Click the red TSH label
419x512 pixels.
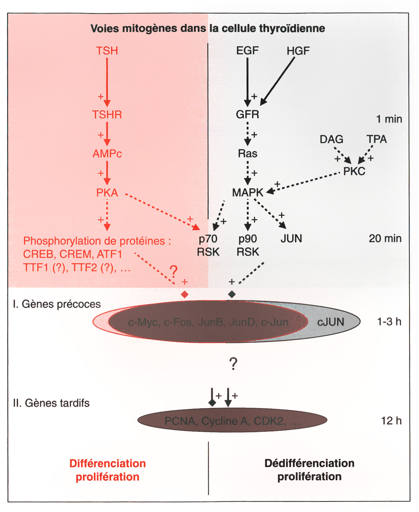107,51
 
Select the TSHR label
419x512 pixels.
107,115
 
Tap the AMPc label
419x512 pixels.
107,154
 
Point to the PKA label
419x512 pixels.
107,193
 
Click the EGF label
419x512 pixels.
247,51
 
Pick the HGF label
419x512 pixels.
298,51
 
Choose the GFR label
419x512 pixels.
247,114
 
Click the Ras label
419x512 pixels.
248,154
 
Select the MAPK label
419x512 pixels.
247,193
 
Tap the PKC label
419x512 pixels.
354,171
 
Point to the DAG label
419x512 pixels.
331,139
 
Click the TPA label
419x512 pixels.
377,139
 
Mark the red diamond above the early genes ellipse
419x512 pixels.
184,294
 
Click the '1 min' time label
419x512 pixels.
389,119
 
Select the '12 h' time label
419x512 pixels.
391,421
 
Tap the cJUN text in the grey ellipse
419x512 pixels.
330,322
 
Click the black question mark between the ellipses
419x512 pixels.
233,364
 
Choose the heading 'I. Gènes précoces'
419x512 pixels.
57,304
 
